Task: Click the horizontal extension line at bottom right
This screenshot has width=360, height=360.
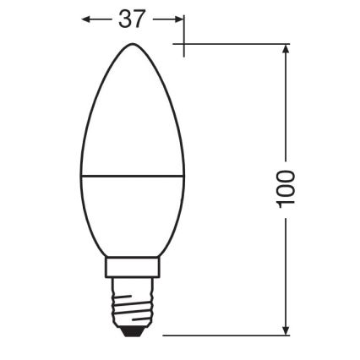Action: [228, 335]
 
